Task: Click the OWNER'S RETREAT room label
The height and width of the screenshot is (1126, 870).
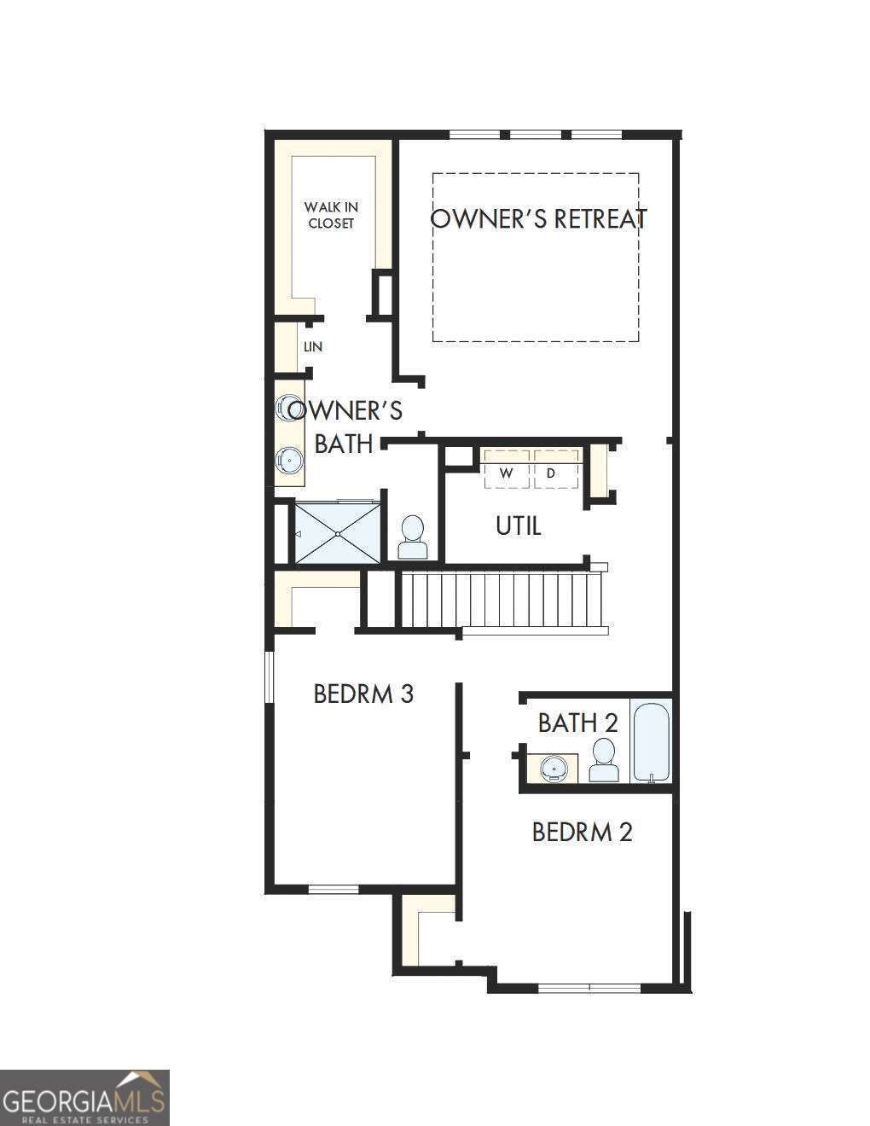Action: [x=539, y=218]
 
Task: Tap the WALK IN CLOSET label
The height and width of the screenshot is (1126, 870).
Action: [x=331, y=215]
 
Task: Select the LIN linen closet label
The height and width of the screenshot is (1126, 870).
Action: [x=313, y=346]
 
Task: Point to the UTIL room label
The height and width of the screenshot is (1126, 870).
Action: [x=519, y=526]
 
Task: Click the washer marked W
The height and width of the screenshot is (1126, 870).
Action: [x=507, y=469]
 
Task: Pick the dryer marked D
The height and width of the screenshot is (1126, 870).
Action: [x=556, y=469]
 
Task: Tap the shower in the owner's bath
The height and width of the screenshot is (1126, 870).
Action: [x=338, y=532]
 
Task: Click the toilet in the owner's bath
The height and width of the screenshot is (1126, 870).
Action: [x=413, y=537]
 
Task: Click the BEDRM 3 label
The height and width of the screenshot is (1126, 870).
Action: [x=363, y=694]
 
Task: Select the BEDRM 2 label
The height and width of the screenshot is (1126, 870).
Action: [x=583, y=833]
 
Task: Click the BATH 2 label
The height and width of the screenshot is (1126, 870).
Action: [x=578, y=723]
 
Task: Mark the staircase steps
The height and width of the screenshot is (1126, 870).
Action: [x=502, y=600]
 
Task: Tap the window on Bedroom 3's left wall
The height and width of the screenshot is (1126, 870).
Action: [x=269, y=677]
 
